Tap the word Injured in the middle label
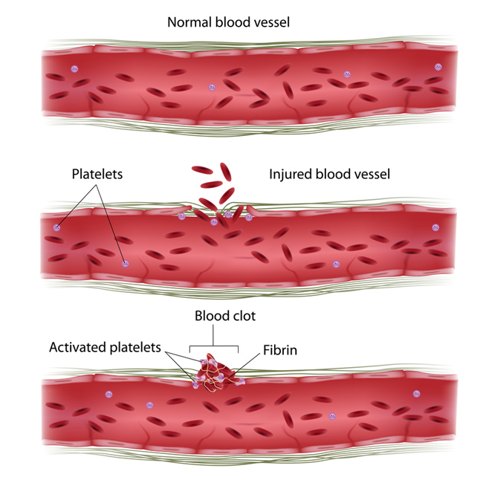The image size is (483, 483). pyautogui.click(x=288, y=175)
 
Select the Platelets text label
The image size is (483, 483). pyautogui.click(x=97, y=175)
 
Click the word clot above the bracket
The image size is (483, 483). pyautogui.click(x=241, y=316)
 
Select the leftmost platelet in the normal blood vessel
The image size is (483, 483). pyautogui.click(x=74, y=70)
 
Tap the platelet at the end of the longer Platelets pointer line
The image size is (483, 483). pyautogui.click(x=124, y=263)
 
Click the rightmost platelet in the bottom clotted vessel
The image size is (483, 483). pyautogui.click(x=414, y=395)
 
